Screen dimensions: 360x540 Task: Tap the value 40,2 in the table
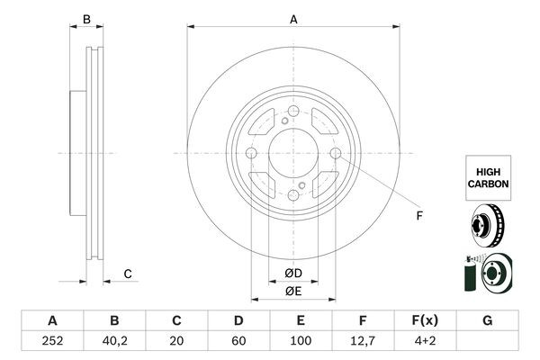coord(114,342)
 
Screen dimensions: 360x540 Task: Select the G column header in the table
coord(488,320)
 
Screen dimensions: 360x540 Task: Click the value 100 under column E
coord(301,342)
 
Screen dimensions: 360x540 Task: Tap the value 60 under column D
coord(239,342)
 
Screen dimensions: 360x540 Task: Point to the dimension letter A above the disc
coord(293,18)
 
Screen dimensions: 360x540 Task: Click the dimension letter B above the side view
coord(87,18)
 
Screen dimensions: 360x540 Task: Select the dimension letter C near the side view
coord(128,274)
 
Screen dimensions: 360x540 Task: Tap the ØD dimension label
coord(293,274)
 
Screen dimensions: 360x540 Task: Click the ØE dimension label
coord(293,291)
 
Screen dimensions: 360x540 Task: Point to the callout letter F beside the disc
coord(418,216)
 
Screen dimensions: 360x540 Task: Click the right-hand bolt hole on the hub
coord(336,155)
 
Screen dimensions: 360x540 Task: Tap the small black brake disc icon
coord(489,226)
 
